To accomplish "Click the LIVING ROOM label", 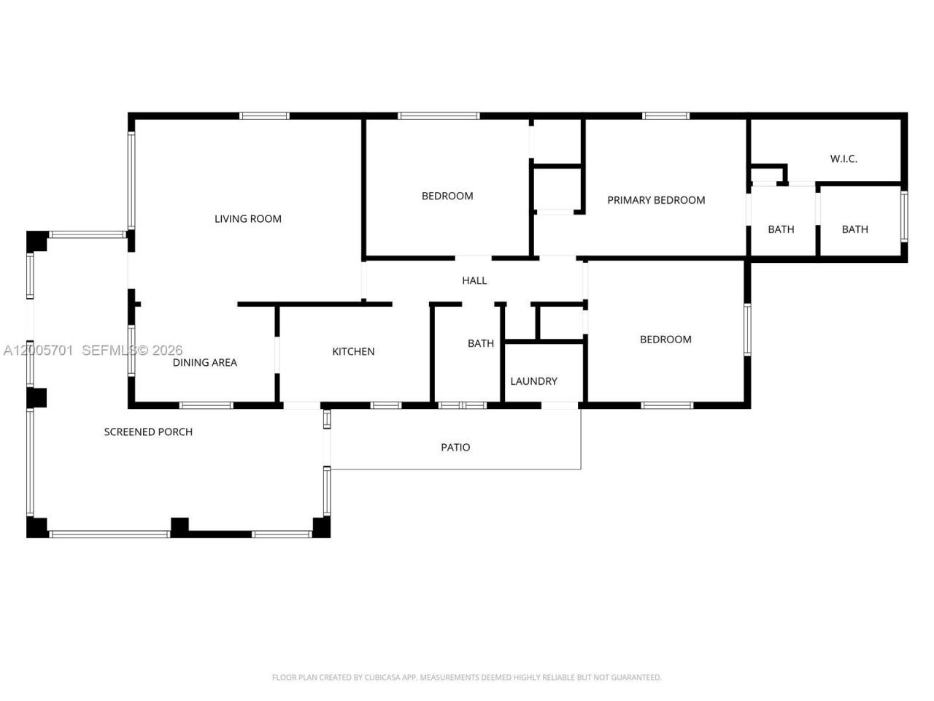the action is point(247,219).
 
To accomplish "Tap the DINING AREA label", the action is point(204,363).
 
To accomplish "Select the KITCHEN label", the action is point(353,351).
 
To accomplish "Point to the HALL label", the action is point(474,280).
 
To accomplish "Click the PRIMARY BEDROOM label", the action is point(656,200).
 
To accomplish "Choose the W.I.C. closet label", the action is point(844,158).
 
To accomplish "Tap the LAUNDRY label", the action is point(533,381).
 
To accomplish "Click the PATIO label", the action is point(455,448).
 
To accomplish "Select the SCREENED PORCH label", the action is point(148,432).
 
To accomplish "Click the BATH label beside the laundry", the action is point(481,343).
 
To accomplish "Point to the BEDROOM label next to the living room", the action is point(447,196).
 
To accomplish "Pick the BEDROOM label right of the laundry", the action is point(665,340).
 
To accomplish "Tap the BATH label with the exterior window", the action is point(855,229).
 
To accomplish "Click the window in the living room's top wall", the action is point(264,116).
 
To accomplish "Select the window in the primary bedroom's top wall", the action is point(666,116).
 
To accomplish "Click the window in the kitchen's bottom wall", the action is point(385,405).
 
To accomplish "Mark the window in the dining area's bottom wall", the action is point(206,405).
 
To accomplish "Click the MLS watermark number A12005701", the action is point(38,350).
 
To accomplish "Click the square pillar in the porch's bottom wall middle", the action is point(180,527).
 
